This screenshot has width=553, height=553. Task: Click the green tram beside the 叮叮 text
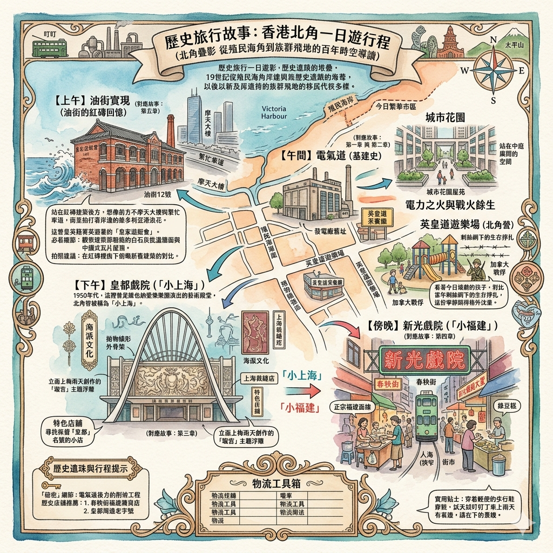pyautogui.click(x=49, y=48)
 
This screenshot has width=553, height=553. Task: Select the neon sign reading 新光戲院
pyautogui.click(x=424, y=360)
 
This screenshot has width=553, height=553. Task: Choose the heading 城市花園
pyautogui.click(x=445, y=117)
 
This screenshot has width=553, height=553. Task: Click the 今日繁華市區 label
pyautogui.click(x=396, y=106)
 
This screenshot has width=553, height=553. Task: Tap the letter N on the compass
pyautogui.click(x=493, y=39)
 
